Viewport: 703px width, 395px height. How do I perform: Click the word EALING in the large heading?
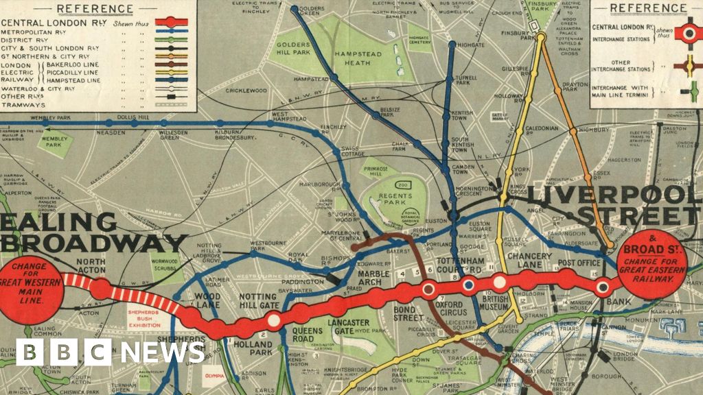point(59,223)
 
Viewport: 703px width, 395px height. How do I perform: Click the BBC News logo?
point(110,352)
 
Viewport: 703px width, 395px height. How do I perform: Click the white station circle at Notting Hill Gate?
point(273,319)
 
